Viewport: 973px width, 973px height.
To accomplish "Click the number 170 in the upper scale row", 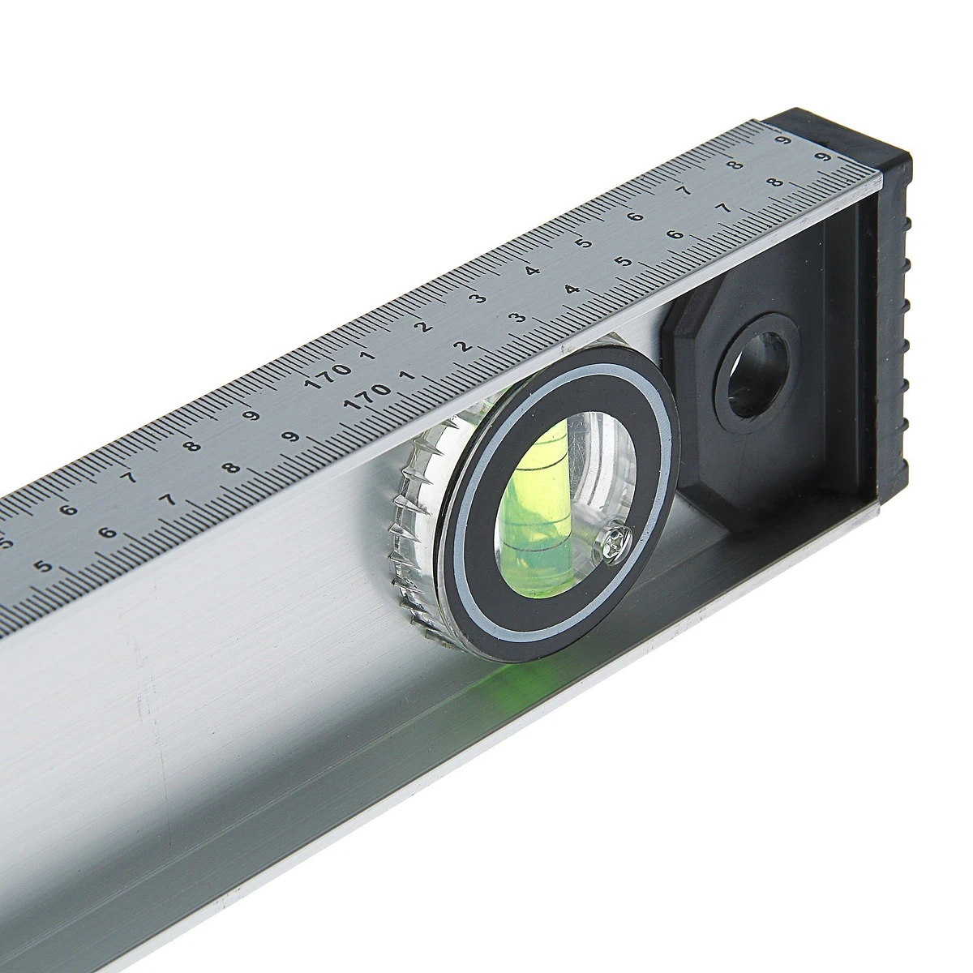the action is coord(328,377).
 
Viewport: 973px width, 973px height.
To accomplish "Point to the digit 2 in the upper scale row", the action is coord(426,326).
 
